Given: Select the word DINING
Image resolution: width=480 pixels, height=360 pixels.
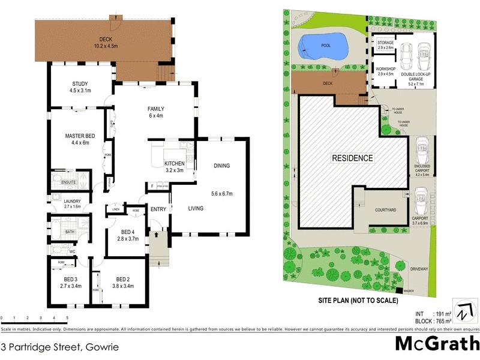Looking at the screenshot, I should [221, 166].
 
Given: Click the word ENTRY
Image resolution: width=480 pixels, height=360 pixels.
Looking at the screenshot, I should [158, 209].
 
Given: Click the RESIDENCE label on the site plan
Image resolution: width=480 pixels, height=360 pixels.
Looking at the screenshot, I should [353, 158].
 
